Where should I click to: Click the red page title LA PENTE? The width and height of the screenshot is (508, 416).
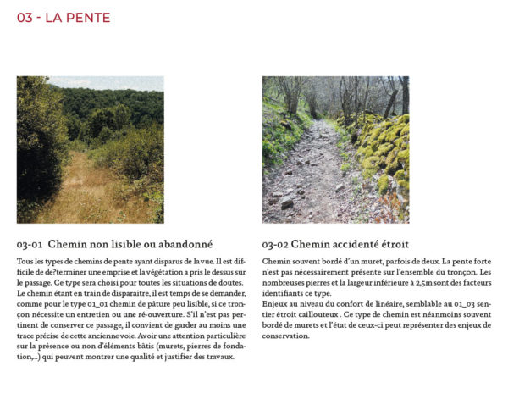(76, 18)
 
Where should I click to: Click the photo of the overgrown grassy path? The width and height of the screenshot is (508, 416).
(90, 149)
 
